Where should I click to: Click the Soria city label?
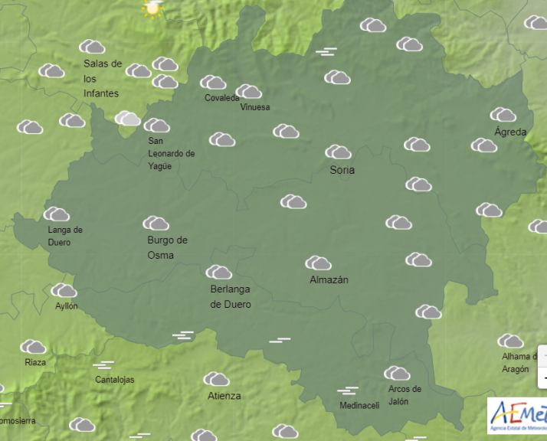point(342,170)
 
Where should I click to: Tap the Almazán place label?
point(329,280)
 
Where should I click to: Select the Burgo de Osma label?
point(167,247)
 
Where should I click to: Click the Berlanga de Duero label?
point(230,296)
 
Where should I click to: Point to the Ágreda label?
point(510,132)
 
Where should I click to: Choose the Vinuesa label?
point(255,107)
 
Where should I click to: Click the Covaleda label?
point(222,98)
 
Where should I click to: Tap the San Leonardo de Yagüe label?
point(171,153)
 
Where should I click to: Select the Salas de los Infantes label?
point(102,78)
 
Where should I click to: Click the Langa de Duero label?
point(64,236)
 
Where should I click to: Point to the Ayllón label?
point(66,306)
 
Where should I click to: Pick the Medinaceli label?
point(359,406)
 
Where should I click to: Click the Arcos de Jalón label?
point(404,395)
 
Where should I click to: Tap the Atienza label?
point(224,396)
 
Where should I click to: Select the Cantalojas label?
point(114,380)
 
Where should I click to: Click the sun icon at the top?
point(152,8)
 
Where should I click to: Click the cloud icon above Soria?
point(338,152)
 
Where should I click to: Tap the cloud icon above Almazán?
point(318,263)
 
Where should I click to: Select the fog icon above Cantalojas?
point(103,364)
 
